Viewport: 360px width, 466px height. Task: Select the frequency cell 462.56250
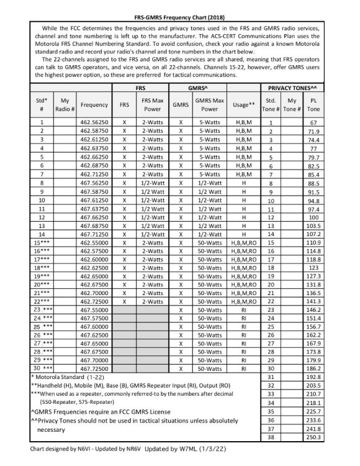[x=94, y=123]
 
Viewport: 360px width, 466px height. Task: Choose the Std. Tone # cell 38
[x=271, y=437]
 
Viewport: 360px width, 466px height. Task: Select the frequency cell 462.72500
[x=94, y=299]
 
